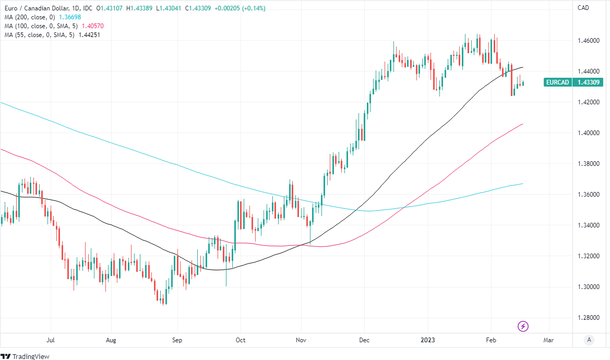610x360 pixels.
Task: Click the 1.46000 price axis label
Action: point(587,40)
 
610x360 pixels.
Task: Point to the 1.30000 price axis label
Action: point(587,287)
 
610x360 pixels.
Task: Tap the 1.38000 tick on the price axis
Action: point(587,164)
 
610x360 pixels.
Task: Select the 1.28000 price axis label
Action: point(587,318)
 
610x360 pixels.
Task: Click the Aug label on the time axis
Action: point(111,340)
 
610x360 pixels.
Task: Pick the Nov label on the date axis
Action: point(301,340)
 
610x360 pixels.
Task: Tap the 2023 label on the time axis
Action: point(428,340)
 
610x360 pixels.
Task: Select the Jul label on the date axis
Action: point(51,340)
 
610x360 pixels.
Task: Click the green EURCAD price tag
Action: point(556,82)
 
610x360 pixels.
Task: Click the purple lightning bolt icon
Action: point(523,327)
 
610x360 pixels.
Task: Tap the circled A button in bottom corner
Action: point(589,340)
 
